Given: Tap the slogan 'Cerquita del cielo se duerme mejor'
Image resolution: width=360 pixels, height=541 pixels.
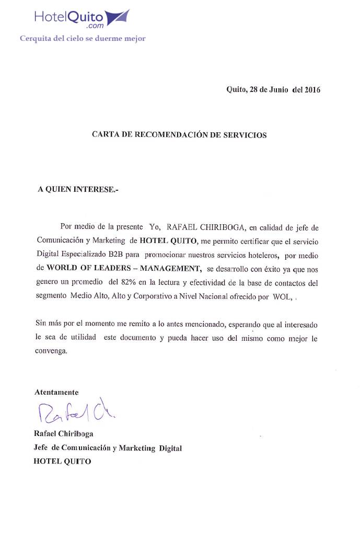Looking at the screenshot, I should coord(83,38).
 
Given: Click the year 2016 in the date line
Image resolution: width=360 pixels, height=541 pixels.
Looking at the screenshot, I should coord(311,89).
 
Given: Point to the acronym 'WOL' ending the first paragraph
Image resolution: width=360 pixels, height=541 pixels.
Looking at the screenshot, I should coord(276,296).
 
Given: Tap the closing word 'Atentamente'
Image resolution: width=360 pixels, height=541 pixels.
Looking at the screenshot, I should coord(56,392).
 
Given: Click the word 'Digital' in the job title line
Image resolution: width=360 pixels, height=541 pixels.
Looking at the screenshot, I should coord(170,448).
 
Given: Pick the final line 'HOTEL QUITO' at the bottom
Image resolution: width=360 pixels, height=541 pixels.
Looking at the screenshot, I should coord(62,462).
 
